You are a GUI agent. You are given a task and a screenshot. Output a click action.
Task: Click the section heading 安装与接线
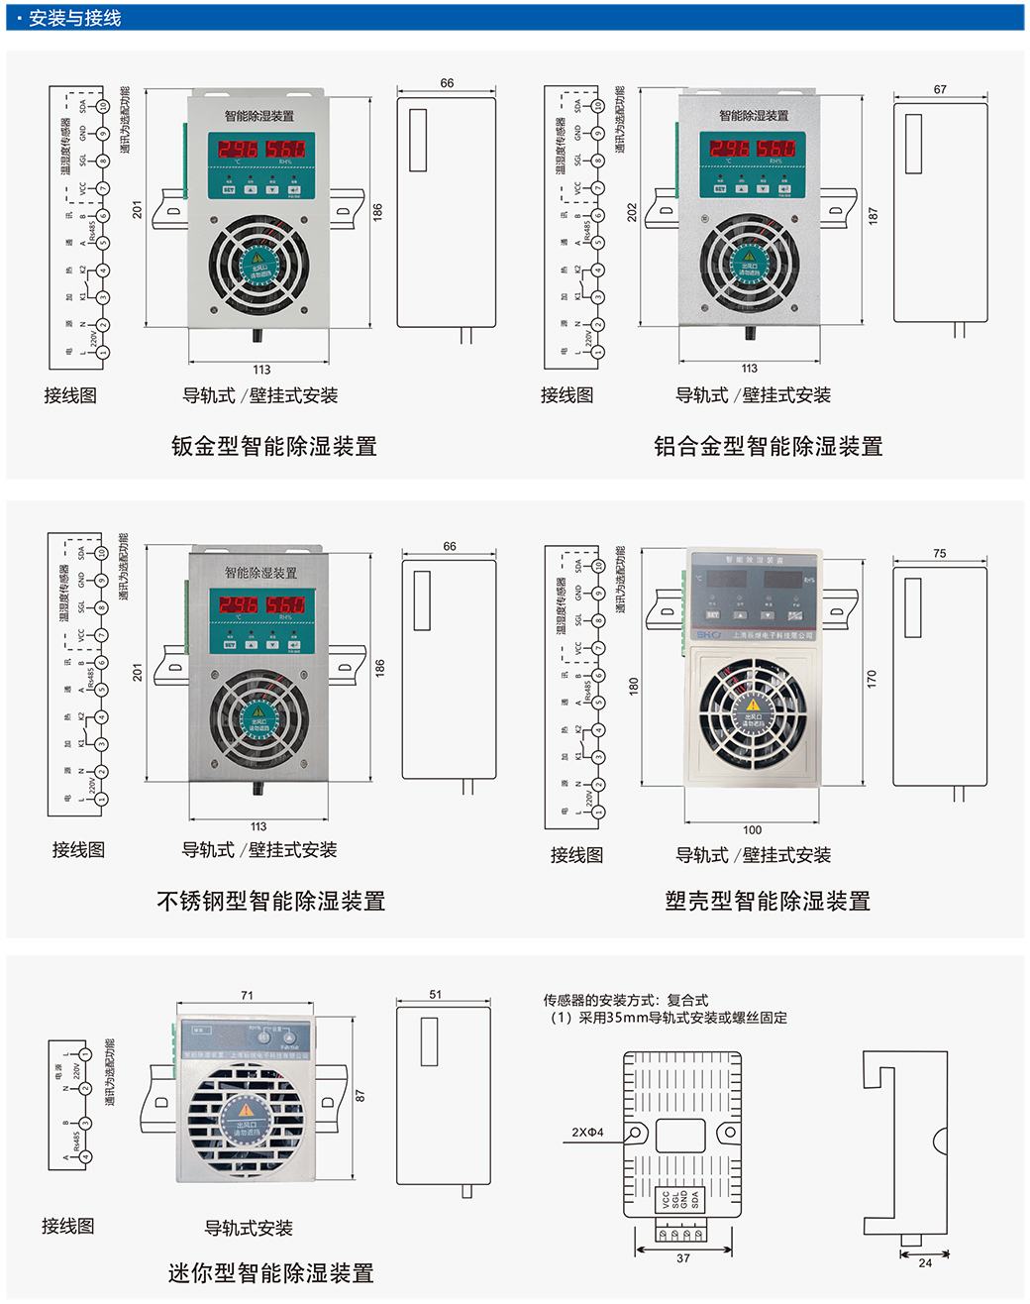(74, 18)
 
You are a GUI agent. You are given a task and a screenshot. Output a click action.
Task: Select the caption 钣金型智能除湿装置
(273, 446)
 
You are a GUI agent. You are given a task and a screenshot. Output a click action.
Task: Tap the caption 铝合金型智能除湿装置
(768, 446)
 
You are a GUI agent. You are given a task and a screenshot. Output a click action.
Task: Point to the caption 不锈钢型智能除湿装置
(270, 901)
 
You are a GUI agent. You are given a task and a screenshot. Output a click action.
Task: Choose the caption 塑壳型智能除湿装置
(768, 901)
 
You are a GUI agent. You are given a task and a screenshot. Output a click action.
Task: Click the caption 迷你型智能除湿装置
(270, 1273)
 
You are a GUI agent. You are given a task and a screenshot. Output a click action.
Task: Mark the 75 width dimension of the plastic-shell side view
(939, 554)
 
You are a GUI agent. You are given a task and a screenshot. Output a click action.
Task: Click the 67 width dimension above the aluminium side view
(940, 89)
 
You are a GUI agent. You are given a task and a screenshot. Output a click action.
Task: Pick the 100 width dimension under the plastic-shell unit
(753, 830)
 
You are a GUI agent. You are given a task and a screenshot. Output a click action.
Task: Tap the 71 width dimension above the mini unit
(247, 995)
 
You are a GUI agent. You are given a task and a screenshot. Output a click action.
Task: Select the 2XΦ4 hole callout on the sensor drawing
(587, 1133)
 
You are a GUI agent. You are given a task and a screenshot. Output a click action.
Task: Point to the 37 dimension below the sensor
(683, 1258)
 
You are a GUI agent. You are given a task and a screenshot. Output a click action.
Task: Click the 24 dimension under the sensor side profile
(925, 1262)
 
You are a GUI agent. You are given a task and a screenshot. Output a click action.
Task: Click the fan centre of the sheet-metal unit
(258, 266)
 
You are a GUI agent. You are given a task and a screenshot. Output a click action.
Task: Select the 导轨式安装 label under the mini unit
(249, 1228)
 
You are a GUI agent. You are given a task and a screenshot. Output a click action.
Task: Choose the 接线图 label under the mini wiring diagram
(68, 1226)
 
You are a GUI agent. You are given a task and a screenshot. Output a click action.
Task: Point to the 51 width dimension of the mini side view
(436, 994)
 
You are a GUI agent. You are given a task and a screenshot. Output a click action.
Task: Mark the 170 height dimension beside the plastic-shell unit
(872, 679)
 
